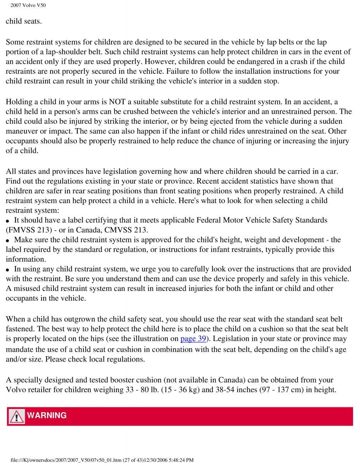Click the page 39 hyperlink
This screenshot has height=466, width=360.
[x=193, y=338]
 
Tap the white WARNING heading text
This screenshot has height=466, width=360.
[x=47, y=416]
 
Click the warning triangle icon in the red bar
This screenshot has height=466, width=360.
[x=17, y=416]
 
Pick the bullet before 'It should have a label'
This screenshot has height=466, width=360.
[x=8, y=221]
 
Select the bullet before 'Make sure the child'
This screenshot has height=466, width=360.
[x=8, y=240]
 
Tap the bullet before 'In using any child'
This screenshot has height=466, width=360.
[x=8, y=269]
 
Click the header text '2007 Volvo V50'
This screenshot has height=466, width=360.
[x=25, y=5]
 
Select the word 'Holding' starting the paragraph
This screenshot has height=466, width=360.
[x=18, y=102]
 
